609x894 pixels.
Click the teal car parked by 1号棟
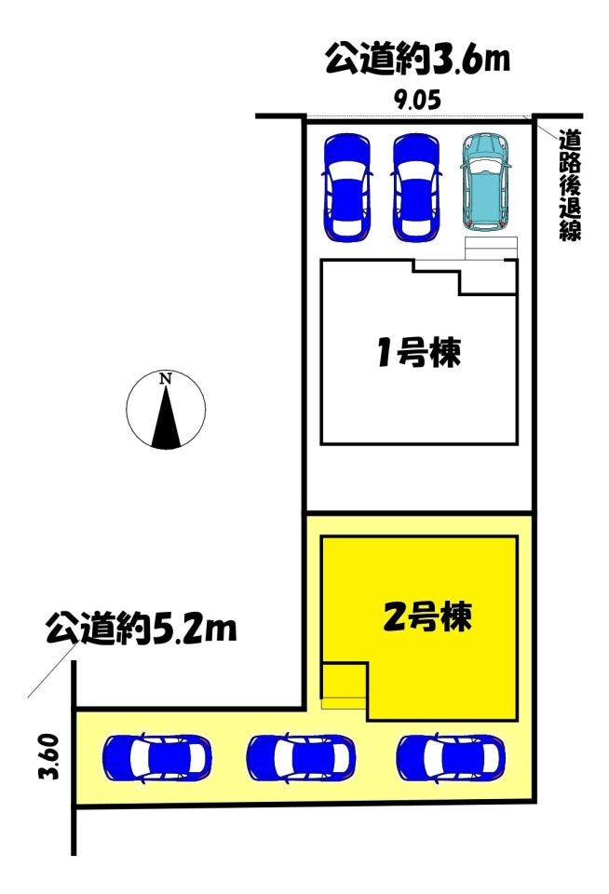(484, 182)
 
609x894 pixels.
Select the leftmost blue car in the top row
(347, 186)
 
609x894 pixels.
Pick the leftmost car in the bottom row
(157, 758)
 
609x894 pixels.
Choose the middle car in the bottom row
(301, 758)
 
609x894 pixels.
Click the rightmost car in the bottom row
(451, 758)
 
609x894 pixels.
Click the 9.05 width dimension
(418, 101)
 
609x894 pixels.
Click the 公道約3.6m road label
(417, 60)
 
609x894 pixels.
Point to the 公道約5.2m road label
(141, 629)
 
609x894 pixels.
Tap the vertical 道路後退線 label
(569, 184)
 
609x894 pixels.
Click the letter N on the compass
(166, 378)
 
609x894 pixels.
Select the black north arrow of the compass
(166, 416)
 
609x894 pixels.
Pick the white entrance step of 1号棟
(491, 249)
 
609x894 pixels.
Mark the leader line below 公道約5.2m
(52, 671)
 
